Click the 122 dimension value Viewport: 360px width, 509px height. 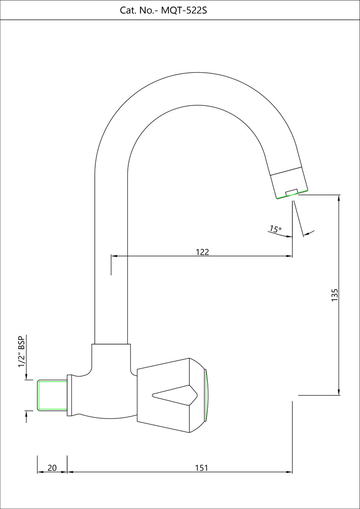pyautogui.click(x=203, y=251)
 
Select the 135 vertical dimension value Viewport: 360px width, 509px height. pyautogui.click(x=335, y=295)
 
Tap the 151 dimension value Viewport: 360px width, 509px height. pyautogui.click(x=202, y=467)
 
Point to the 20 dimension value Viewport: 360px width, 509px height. pyautogui.click(x=52, y=467)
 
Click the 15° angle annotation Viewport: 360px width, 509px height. pyautogui.click(x=275, y=230)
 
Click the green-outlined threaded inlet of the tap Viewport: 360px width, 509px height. pyautogui.click(x=52, y=395)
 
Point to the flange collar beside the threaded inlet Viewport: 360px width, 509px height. pyautogui.click(x=70, y=395)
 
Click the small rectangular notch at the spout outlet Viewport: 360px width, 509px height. pyautogui.click(x=291, y=192)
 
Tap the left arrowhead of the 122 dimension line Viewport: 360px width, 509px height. pyautogui.click(x=113, y=256)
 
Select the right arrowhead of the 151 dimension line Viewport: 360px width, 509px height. pyautogui.click(x=290, y=472)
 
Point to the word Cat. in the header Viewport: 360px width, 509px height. pyautogui.click(x=130, y=10)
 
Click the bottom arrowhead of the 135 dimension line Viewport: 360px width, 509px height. pyautogui.click(x=339, y=392)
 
